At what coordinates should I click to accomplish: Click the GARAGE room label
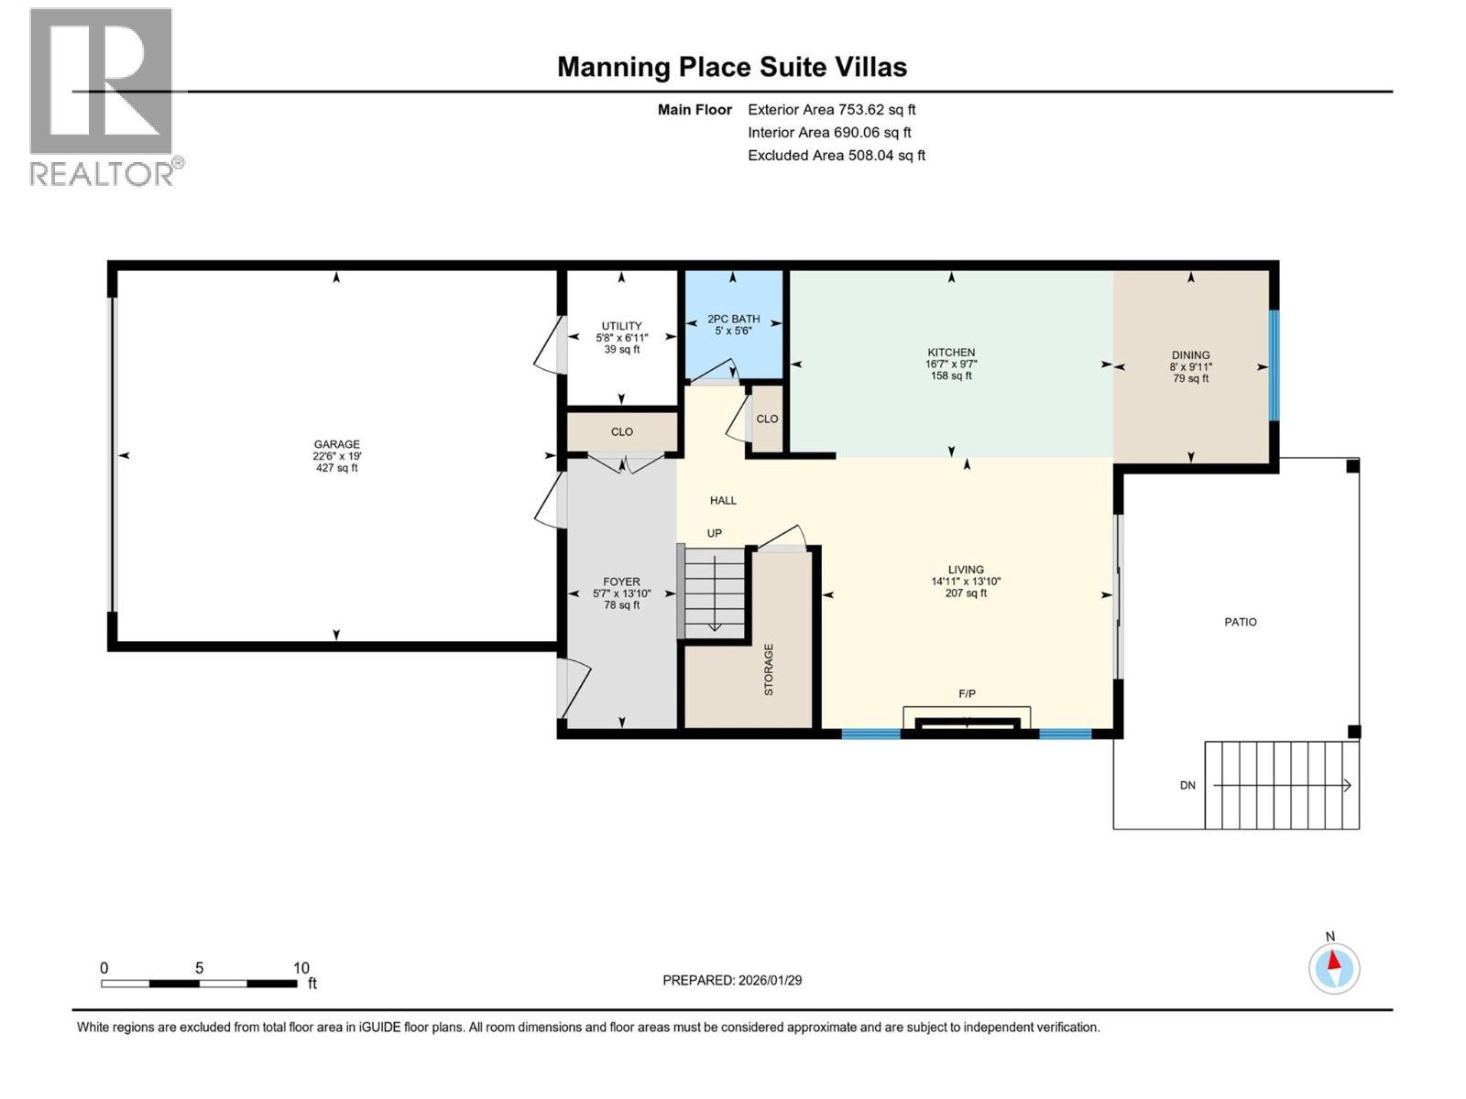336,444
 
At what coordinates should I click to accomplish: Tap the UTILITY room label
621,326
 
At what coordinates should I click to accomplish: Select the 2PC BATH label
733,319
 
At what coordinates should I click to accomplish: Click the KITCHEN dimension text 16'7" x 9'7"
951,364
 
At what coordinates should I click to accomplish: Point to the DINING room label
1190,355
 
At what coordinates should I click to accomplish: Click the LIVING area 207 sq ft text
966,593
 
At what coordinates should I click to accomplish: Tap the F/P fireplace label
967,693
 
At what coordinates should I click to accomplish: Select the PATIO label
1241,622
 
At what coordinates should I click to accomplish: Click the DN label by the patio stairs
1187,786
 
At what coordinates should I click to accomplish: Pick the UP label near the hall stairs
714,533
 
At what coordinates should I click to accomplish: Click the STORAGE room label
769,669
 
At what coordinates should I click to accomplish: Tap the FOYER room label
621,582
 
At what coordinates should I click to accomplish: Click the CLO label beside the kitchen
767,419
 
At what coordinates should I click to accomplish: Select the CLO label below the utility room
621,431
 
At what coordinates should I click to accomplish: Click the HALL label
723,500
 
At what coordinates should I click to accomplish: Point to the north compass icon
1334,968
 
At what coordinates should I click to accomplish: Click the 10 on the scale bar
301,968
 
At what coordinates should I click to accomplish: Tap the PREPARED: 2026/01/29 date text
732,980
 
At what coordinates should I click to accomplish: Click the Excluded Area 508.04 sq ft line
836,155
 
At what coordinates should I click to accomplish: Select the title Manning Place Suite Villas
732,67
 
